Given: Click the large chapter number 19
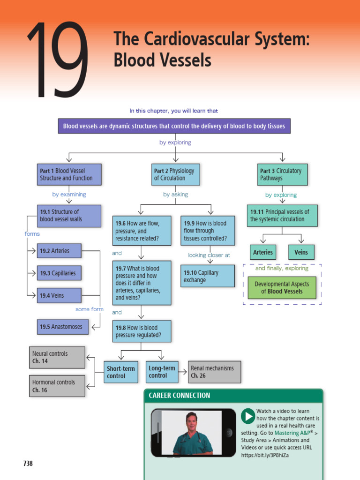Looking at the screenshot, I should click(x=57, y=61).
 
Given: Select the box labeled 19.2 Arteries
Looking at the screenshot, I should click(x=59, y=251).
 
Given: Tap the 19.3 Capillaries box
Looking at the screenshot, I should click(x=59, y=273).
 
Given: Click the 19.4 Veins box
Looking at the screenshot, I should click(x=59, y=296).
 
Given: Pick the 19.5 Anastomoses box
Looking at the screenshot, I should click(x=62, y=327).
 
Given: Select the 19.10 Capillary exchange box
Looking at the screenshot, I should click(x=207, y=276).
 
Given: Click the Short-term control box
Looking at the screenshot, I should click(x=121, y=372).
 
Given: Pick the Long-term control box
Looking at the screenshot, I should click(x=163, y=372).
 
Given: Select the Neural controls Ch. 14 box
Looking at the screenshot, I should click(x=58, y=358).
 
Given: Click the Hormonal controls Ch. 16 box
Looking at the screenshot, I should click(x=58, y=386).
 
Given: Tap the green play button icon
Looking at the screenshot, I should click(x=248, y=416).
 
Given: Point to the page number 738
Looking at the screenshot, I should click(x=28, y=464).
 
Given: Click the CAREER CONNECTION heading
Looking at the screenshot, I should click(x=180, y=396).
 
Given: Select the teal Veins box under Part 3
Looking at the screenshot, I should click(x=301, y=252).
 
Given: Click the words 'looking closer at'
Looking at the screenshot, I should click(x=209, y=255).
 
